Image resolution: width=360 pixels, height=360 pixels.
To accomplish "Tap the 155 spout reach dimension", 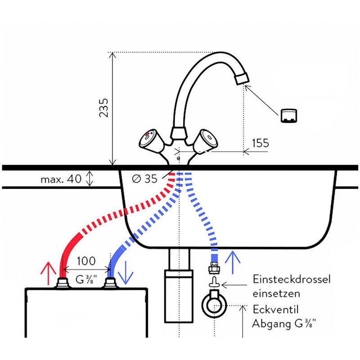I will coord(260,143).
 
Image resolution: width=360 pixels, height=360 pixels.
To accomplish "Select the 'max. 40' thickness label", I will coord(61,179).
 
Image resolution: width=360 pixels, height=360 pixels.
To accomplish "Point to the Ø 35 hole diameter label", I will coord(144,179).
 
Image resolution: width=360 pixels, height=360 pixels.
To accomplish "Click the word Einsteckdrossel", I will coord(292,279).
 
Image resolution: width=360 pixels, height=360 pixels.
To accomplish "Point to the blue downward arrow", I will coord(125,270).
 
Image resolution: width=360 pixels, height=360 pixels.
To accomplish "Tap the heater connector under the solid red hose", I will coord(62,283).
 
